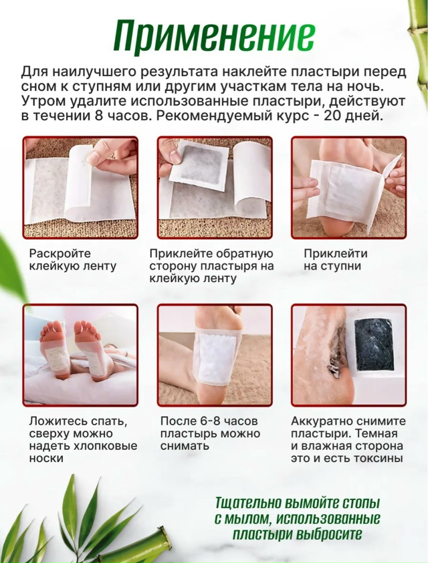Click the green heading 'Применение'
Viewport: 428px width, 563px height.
pyautogui.click(x=213, y=35)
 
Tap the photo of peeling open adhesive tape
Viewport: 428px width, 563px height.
pyautogui.click(x=80, y=187)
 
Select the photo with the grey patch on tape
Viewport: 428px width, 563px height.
pyautogui.click(x=215, y=187)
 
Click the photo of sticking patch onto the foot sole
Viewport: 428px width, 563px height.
pyautogui.click(x=348, y=187)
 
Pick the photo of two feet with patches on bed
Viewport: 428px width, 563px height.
pyautogui.click(x=80, y=355)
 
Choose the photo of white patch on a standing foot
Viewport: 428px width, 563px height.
pyautogui.click(x=215, y=355)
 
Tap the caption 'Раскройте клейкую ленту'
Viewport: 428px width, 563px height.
pyautogui.click(x=73, y=260)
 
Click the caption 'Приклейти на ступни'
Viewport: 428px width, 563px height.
pyautogui.click(x=335, y=260)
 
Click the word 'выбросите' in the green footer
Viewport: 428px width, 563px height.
pyautogui.click(x=330, y=534)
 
